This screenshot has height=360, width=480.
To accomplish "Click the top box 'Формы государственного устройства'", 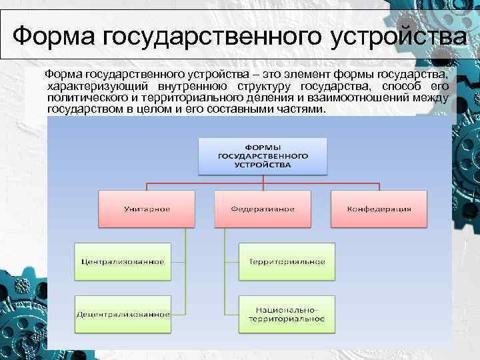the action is point(262,155).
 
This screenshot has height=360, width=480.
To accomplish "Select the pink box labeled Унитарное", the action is point(147,209).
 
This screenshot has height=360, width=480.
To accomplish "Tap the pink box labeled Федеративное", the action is point(263,209).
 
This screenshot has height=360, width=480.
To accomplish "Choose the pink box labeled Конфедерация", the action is point(379,209).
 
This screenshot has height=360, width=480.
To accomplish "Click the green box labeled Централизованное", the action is point(122,261).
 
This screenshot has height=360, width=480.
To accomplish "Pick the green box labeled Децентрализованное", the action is point(122,313).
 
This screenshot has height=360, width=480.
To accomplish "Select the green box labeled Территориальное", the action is point(287,261).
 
